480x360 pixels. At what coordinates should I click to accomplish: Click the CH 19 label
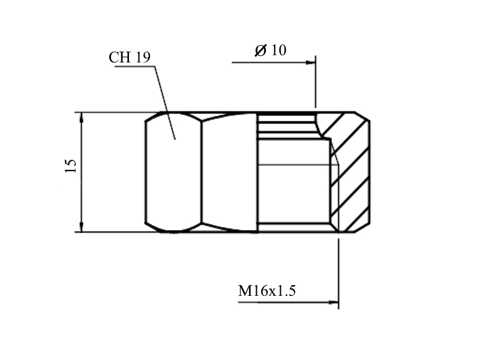point(130,57)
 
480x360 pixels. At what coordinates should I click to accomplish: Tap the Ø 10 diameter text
point(271,50)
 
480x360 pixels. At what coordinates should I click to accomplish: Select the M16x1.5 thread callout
point(267,290)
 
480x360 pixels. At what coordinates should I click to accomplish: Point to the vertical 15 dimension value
point(71,166)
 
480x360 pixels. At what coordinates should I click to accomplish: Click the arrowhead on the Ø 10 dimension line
point(310,62)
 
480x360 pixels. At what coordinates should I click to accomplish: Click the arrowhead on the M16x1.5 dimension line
point(334,302)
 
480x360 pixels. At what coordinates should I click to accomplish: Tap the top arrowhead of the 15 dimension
point(82,117)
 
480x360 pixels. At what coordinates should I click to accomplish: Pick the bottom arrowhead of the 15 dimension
point(82,227)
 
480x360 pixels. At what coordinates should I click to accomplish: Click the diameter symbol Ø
point(260,50)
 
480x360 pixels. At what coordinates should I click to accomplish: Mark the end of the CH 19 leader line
point(175,139)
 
